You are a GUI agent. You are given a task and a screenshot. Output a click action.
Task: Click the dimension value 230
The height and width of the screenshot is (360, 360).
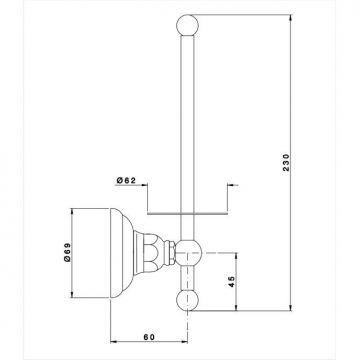287,162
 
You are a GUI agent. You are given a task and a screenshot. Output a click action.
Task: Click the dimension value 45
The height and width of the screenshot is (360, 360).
232,282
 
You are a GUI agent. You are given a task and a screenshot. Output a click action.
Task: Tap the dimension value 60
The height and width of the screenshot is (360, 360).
149,337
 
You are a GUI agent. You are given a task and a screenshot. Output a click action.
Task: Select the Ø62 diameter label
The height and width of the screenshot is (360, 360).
126,180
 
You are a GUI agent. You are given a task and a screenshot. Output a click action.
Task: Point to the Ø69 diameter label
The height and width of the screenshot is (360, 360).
67,252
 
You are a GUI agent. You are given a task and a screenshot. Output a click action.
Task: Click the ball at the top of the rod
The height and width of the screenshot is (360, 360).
187,25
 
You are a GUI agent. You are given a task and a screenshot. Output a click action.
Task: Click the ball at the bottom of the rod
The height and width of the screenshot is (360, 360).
187,300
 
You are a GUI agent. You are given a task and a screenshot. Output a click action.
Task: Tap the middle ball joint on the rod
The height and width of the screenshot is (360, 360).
189,252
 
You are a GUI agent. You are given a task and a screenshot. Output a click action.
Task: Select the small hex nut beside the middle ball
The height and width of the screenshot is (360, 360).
172,252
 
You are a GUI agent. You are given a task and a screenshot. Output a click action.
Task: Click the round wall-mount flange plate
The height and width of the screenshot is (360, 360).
117,253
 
